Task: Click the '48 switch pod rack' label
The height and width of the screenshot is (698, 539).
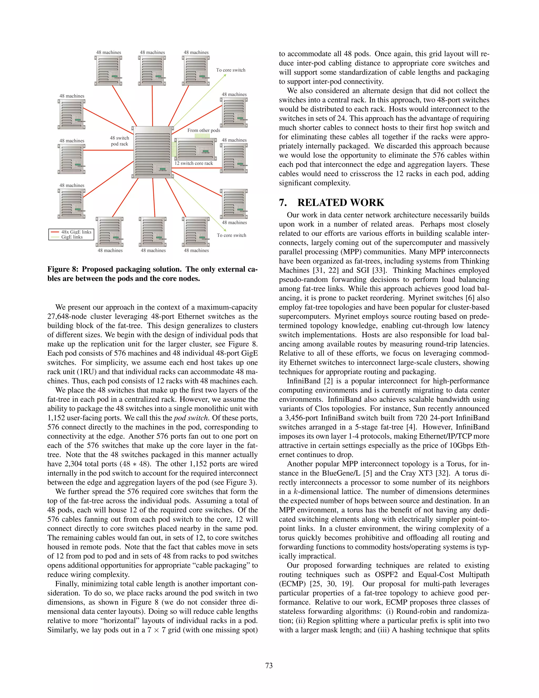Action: pyautogui.click(x=119, y=141)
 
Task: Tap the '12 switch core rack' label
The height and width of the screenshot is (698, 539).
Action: pyautogui.click(x=193, y=163)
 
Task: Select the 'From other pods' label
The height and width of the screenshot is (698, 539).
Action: pyautogui.click(x=203, y=130)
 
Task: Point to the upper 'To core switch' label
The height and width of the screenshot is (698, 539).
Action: pyautogui.click(x=231, y=70)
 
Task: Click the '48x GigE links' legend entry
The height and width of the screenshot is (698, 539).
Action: pyautogui.click(x=76, y=232)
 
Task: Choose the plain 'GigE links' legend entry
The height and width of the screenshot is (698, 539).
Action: pyautogui.click(x=72, y=237)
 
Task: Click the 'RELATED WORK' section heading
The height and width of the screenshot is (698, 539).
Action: pyautogui.click(x=341, y=203)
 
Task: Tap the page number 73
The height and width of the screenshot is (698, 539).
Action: pyautogui.click(x=269, y=665)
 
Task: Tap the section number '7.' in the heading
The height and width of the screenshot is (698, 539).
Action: pyautogui.click(x=283, y=203)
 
